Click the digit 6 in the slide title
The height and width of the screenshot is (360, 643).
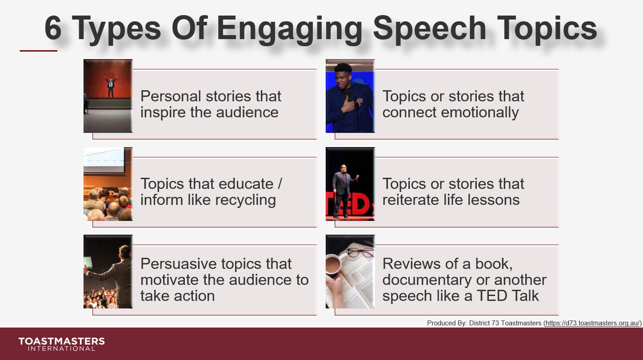[x=53, y=28]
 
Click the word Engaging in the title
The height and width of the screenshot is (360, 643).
[x=289, y=30]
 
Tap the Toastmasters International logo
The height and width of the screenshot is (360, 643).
[x=61, y=344]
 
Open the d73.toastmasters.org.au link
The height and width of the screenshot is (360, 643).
[x=593, y=323]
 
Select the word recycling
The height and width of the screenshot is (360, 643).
[x=245, y=200]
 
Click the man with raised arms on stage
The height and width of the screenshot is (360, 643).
[x=111, y=86]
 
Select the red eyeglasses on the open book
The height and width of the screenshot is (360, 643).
[x=360, y=252]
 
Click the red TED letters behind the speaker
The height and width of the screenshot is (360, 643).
[x=351, y=204]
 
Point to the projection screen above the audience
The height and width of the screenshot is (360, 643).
[x=104, y=160]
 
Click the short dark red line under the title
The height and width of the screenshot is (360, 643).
[x=39, y=51]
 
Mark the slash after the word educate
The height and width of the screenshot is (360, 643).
[x=280, y=184]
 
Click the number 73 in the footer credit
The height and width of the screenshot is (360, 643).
[x=495, y=323]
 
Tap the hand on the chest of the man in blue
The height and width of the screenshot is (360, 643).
[x=348, y=104]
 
